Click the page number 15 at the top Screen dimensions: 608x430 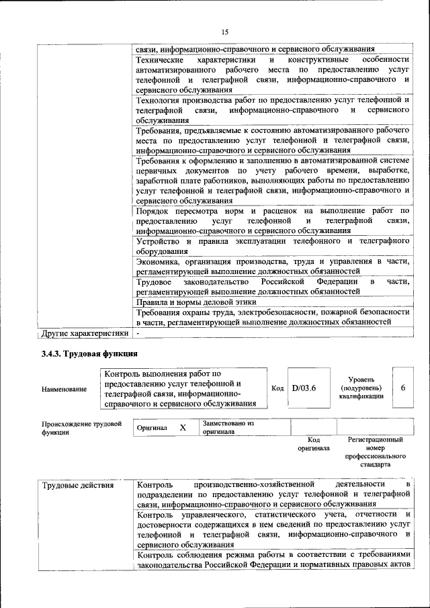pyautogui.click(x=225, y=32)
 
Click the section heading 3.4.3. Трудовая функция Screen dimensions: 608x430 pyautogui.click(x=89, y=353)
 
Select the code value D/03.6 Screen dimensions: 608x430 pyautogui.click(x=304, y=388)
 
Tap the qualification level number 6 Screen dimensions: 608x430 pyautogui.click(x=402, y=388)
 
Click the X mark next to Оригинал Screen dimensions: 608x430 pyautogui.click(x=182, y=427)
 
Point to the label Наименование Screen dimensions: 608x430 pyautogui.click(x=64, y=388)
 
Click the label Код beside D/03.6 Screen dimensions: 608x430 pyautogui.click(x=277, y=388)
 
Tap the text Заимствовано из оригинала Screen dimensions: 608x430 pyautogui.click(x=228, y=427)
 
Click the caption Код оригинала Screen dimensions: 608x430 pyautogui.click(x=313, y=443)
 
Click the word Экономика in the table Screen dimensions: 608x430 pyautogui.click(x=159, y=261)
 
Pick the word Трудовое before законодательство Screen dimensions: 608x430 pyautogui.click(x=155, y=281)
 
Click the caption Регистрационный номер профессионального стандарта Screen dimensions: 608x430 pyautogui.click(x=375, y=451)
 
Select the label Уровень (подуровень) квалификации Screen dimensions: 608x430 pyautogui.click(x=361, y=388)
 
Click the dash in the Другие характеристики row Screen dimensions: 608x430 pyautogui.click(x=138, y=333)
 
